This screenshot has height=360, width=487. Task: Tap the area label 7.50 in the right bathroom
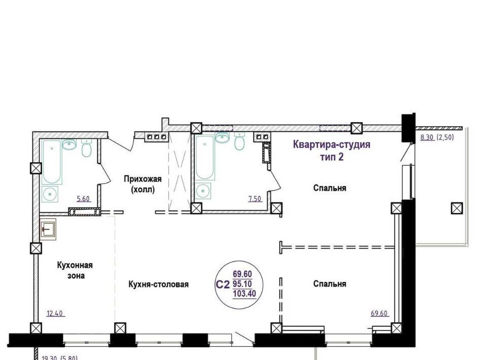pyautogui.click(x=255, y=199)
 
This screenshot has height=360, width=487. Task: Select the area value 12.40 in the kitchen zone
pyautogui.click(x=55, y=313)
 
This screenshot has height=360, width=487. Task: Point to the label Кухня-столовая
pyautogui.click(x=158, y=284)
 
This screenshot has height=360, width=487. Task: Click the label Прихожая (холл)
pyautogui.click(x=143, y=184)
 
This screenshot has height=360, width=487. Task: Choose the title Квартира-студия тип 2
pyautogui.click(x=332, y=151)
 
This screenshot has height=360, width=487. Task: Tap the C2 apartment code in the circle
pyautogui.click(x=223, y=284)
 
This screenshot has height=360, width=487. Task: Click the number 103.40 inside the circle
pyautogui.click(x=245, y=293)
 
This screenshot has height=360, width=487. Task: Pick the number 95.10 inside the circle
pyautogui.click(x=242, y=283)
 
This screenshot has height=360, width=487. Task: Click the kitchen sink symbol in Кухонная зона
pyautogui.click(x=48, y=229)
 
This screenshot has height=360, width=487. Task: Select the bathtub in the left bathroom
pyautogui.click(x=52, y=162)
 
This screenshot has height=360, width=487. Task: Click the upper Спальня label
pyautogui.click(x=330, y=188)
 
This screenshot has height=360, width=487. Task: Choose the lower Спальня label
pyautogui.click(x=330, y=284)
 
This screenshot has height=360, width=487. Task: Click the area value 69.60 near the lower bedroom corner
pyautogui.click(x=379, y=313)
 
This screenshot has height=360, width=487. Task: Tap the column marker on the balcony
pyautogui.click(x=457, y=208)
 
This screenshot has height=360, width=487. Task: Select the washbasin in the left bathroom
pyautogui.click(x=69, y=145)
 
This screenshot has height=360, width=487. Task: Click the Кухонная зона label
pyautogui.click(x=75, y=270)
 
